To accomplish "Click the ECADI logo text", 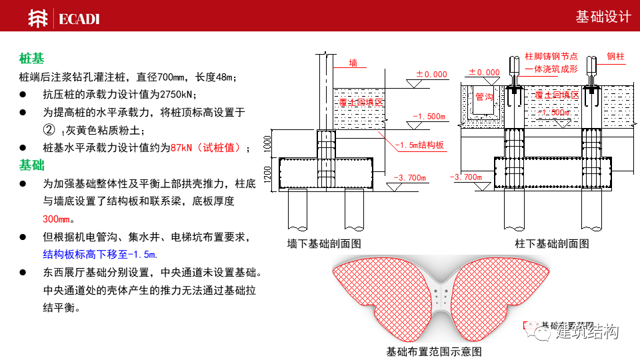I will coord(79,18).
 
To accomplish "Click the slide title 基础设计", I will coord(603,17).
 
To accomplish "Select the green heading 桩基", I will coord(31,59).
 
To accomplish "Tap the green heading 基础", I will coord(31,165).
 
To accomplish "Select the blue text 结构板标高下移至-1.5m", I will coord(100,254).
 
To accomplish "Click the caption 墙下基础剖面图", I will coord(324,244).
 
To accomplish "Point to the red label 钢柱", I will coord(615,57).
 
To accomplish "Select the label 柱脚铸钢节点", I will coord(551,57).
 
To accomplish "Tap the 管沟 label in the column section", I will coord(484,97).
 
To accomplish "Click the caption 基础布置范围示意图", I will coord(434,351).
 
